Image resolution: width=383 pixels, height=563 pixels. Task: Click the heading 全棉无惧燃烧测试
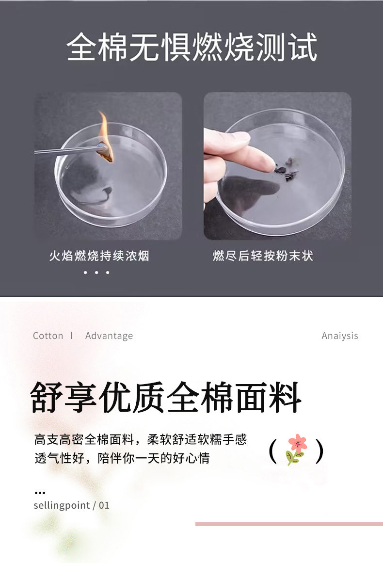(191, 47)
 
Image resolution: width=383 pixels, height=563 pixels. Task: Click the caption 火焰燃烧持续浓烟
(99, 256)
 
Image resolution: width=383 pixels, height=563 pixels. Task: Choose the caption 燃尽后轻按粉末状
(263, 256)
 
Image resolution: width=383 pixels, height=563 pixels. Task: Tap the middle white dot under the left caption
(96, 273)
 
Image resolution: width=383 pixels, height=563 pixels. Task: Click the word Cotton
(48, 336)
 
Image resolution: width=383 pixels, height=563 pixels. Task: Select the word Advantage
(109, 336)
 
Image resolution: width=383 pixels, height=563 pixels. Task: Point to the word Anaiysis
(339, 336)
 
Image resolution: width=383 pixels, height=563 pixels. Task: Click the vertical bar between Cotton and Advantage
(72, 336)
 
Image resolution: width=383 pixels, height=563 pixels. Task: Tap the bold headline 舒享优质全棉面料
(166, 398)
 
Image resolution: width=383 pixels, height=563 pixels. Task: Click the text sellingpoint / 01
(71, 506)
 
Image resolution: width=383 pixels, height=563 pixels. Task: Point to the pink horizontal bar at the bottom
(289, 524)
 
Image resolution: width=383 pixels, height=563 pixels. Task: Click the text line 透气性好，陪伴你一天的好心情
(122, 458)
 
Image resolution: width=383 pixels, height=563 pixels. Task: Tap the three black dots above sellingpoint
(40, 493)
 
